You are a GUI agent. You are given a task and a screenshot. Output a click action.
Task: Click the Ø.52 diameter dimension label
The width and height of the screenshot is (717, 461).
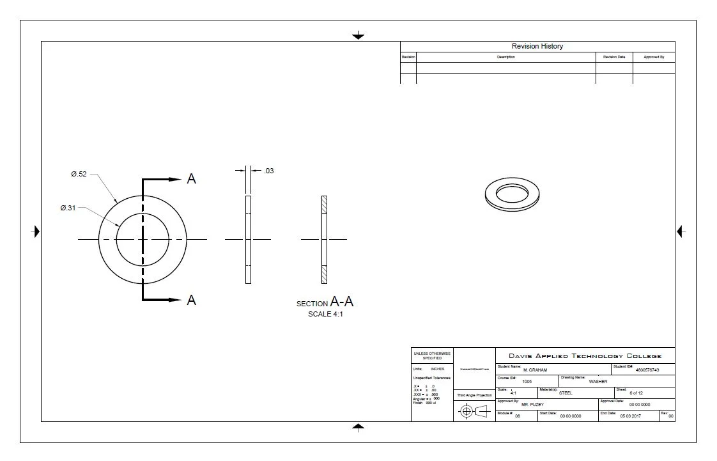pos(79,174)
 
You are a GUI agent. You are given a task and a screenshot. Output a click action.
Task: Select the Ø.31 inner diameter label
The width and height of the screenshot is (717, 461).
pos(68,208)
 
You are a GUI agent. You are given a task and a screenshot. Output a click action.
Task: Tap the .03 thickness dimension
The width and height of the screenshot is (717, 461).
pos(269,171)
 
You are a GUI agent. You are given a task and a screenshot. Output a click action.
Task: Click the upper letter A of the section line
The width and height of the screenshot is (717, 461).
pos(191,180)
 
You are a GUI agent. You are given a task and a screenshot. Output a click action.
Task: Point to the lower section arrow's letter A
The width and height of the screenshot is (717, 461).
pos(191,300)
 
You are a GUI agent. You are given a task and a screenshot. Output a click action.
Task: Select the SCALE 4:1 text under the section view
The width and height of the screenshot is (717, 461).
pos(325,314)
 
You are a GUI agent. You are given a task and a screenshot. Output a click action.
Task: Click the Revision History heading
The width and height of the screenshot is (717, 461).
pos(537,46)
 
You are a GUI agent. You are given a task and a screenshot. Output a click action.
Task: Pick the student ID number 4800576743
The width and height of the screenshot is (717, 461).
pos(647,370)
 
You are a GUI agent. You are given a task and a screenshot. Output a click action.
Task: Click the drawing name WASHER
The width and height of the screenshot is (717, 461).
pos(597,381)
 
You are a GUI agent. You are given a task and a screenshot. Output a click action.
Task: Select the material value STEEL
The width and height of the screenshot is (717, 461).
pos(566,393)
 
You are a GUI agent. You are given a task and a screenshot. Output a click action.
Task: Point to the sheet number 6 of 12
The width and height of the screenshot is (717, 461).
pos(636,393)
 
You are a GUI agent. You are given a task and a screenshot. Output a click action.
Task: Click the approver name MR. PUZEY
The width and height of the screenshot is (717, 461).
pos(533,405)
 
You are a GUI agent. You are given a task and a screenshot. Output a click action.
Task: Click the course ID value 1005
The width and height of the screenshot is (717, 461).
pos(527,381)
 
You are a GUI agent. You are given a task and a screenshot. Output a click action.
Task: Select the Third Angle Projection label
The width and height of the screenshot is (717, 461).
pos(474,395)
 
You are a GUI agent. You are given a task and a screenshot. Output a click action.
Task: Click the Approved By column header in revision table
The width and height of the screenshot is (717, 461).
pos(654,57)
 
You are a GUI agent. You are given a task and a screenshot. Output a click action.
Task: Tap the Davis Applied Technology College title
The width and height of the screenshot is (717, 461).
pos(585,356)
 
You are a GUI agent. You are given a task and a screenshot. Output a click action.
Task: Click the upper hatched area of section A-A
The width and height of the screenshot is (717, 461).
pos(324,205)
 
